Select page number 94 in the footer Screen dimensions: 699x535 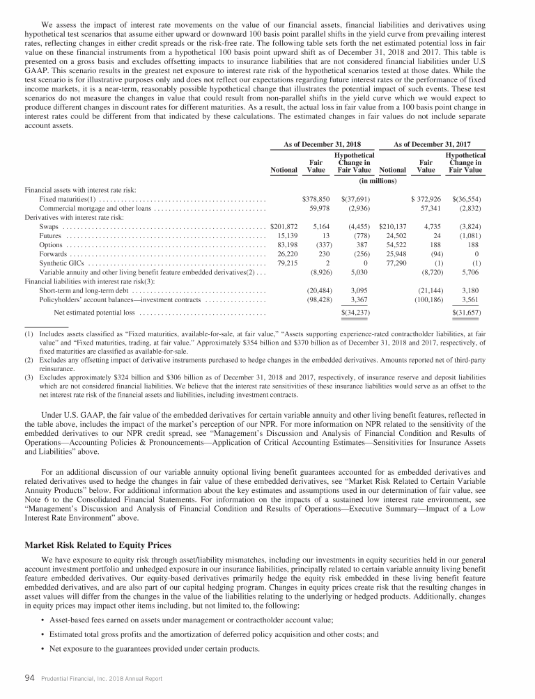pyautogui.click(x=30, y=680)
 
